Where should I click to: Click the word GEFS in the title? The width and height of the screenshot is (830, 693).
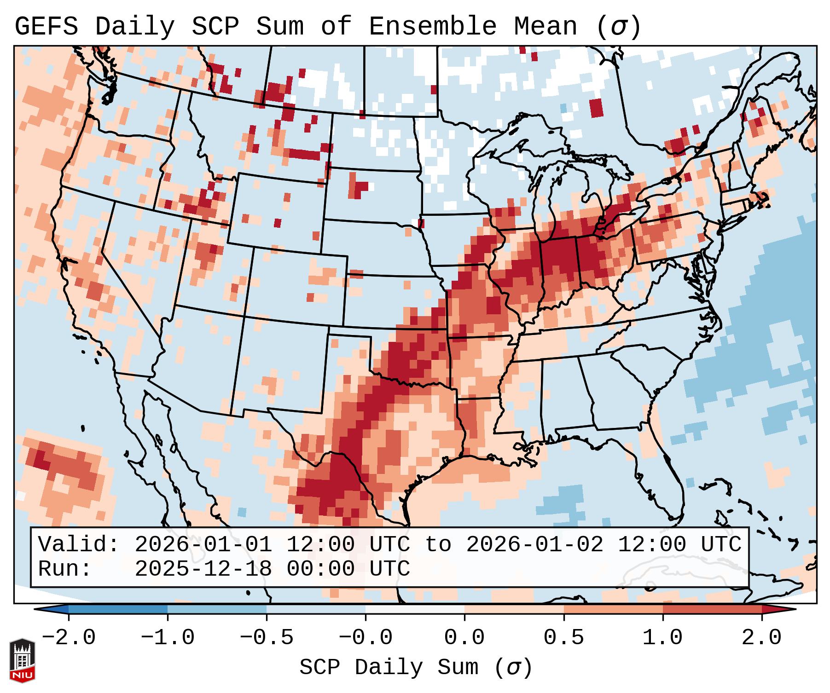pos(46,26)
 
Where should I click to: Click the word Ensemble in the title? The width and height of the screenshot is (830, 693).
pos(432,26)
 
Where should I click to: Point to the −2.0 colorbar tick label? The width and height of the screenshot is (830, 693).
pos(69,638)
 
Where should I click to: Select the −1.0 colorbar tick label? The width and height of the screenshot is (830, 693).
pos(168,638)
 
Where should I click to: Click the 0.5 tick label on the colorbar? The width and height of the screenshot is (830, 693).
pos(563,638)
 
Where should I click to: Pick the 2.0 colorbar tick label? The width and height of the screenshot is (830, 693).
pos(761,638)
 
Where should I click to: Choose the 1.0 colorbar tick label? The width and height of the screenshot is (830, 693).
pos(662,638)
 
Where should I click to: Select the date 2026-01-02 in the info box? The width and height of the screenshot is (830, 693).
pos(534,544)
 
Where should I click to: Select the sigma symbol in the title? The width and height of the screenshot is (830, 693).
pos(618,26)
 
